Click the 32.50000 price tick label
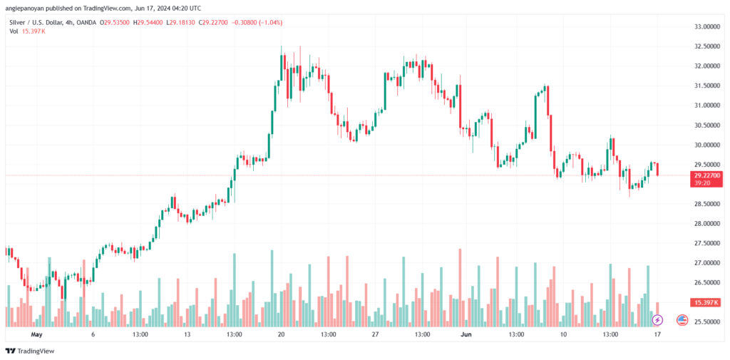pos(705,46)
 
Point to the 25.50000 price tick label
pos(705,322)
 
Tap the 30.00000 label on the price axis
pos(705,145)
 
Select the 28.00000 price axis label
pos(705,224)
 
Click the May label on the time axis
pos(36,334)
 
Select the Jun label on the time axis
pos(465,334)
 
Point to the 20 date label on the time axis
pos(281,334)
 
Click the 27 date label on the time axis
pos(375,334)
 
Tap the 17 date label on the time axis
pos(657,334)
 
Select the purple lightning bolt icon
pos(657,320)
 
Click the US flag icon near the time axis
pos(682,320)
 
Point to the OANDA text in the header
pos(86,22)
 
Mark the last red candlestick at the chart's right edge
pos(657,169)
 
